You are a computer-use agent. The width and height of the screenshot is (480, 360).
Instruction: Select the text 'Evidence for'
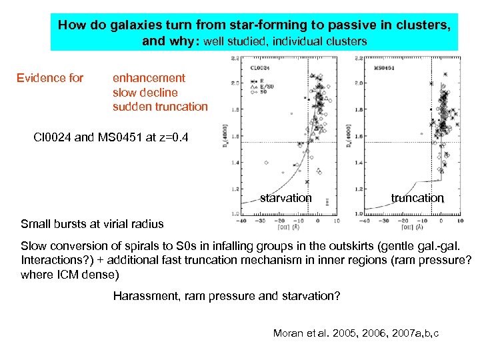[50, 78]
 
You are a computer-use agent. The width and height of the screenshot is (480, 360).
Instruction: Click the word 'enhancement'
[149, 78]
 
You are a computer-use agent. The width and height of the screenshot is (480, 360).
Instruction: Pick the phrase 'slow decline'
[145, 92]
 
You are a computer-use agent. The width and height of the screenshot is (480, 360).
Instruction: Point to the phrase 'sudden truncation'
[160, 106]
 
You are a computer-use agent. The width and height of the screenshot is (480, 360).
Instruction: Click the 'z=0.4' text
[170, 138]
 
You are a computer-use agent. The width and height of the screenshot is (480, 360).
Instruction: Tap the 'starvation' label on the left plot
[285, 197]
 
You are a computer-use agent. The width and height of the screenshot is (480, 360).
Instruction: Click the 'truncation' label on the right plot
[417, 197]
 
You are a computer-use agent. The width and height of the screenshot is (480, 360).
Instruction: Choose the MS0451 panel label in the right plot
[383, 68]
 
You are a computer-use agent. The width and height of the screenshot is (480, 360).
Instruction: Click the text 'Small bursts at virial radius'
[92, 223]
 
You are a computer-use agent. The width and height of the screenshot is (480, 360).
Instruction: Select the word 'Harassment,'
[146, 296]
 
